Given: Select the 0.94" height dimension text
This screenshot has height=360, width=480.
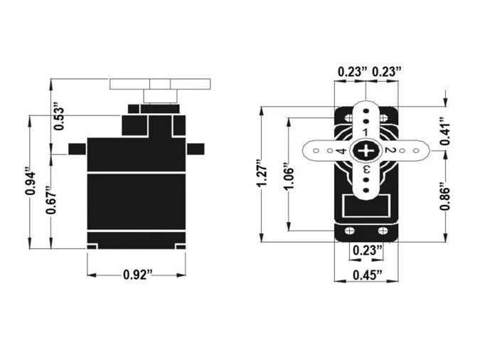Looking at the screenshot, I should (x=29, y=181).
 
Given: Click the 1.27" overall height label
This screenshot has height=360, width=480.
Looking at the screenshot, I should (x=263, y=174).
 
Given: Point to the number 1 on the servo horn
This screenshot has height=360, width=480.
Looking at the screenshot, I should (x=366, y=133).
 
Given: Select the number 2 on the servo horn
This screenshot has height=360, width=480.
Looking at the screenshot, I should (x=389, y=151).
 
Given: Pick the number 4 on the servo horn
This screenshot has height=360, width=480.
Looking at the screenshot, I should (x=341, y=151).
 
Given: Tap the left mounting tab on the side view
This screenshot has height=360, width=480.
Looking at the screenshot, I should (x=77, y=149).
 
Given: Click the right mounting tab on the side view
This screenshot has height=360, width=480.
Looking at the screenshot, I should (x=196, y=149).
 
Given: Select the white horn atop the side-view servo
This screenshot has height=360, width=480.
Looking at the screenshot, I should (x=161, y=83).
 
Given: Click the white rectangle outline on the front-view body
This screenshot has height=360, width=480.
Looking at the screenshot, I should (x=366, y=206).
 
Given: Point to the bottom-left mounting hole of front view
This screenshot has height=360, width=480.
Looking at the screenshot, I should (x=349, y=231).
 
